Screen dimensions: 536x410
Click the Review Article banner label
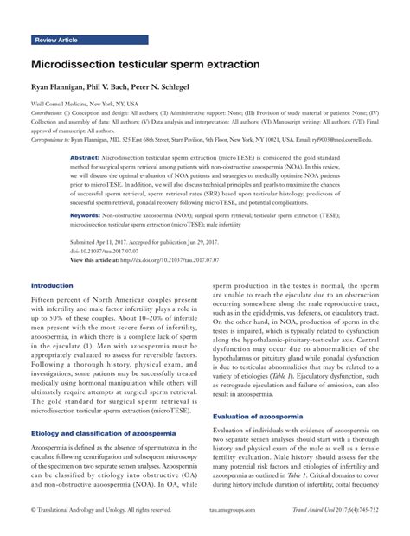tap(57, 41)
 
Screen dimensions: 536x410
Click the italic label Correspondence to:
tap(54, 139)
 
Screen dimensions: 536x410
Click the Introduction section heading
tap(53, 286)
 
